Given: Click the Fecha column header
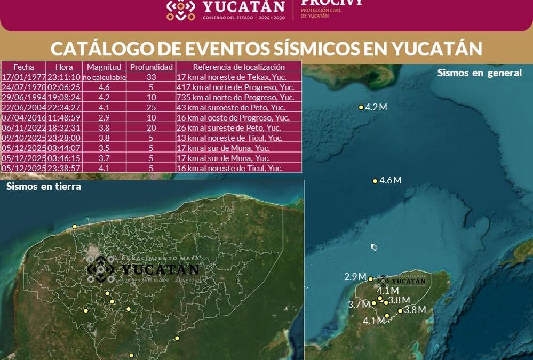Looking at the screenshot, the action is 23,67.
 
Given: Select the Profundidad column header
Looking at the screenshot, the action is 152,67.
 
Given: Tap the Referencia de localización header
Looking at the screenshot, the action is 238,67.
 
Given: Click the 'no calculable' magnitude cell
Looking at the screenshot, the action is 104,77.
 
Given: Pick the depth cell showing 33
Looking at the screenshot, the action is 152,77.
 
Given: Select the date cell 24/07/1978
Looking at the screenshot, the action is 23,87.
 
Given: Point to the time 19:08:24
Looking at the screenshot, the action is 64,98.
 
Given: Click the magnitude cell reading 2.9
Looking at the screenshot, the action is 104,118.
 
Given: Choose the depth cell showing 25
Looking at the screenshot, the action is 152,108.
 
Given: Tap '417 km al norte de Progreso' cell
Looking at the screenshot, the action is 235,87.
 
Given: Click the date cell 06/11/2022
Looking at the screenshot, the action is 23,128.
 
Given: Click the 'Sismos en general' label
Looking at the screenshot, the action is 479,73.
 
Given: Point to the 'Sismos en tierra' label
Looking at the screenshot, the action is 44,187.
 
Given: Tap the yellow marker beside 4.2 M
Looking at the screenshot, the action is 361,107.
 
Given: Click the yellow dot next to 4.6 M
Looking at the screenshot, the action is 375,181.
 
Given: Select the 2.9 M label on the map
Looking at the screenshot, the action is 355,277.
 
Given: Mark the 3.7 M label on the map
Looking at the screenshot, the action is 359,305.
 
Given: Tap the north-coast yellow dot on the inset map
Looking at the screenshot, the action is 75,227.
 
